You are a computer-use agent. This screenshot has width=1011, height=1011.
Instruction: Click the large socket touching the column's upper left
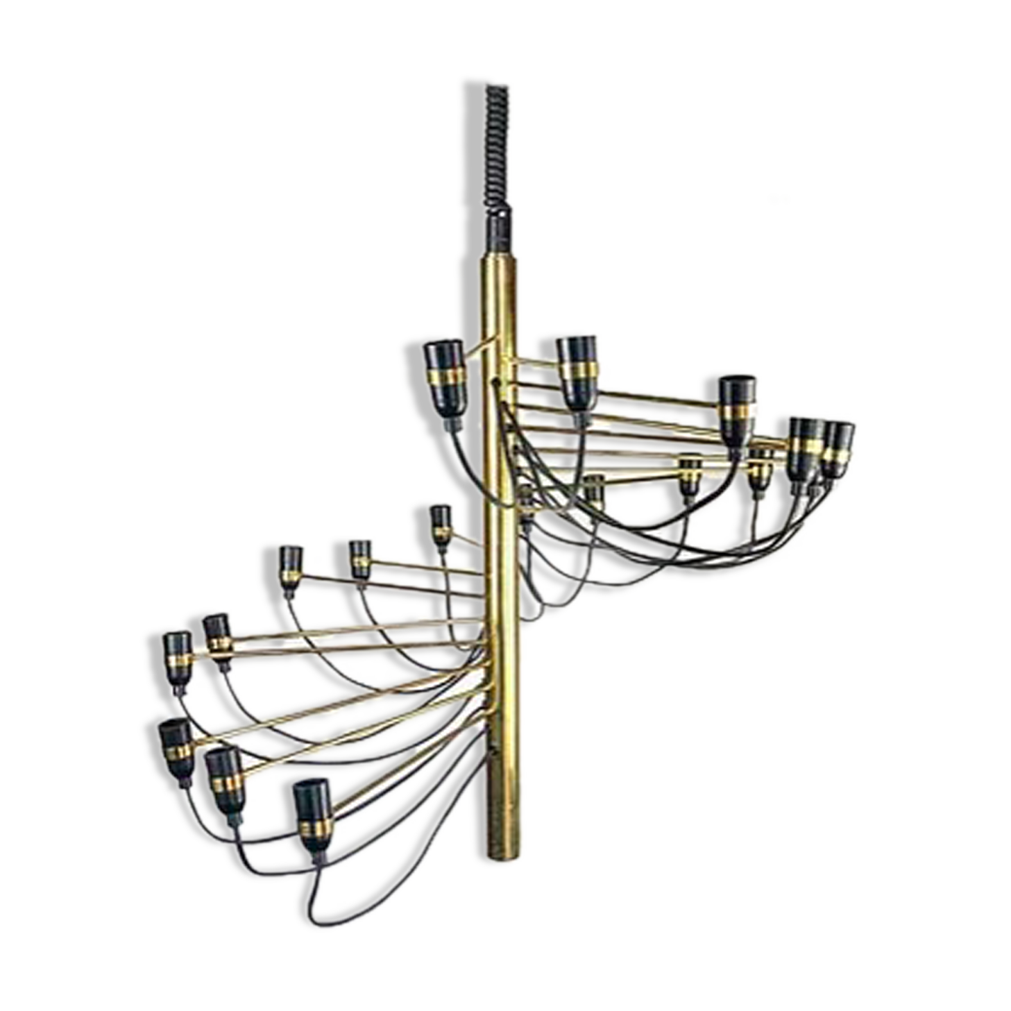(x=443, y=377)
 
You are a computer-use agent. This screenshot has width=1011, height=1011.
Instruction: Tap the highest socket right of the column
(x=578, y=371)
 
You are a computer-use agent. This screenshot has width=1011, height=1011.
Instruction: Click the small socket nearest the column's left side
(x=440, y=525)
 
